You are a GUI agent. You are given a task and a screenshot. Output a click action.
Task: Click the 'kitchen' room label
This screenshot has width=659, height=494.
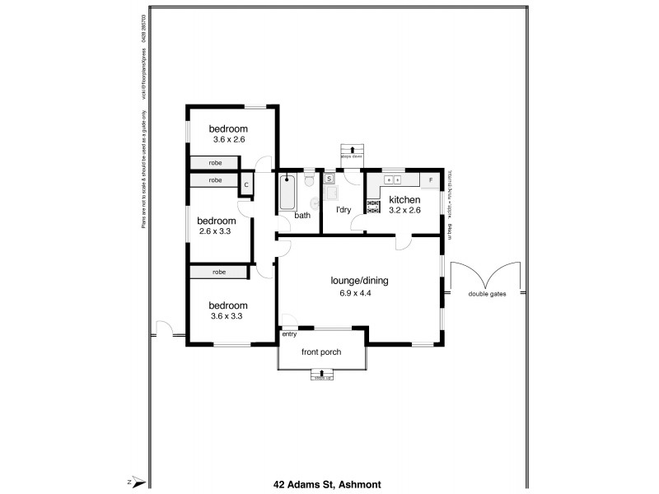404,200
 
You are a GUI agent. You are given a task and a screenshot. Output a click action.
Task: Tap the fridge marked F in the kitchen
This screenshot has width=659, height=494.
430,179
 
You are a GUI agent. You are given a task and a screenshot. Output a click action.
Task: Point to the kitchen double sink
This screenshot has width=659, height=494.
393,179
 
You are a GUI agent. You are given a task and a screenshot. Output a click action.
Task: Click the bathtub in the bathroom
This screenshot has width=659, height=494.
288,193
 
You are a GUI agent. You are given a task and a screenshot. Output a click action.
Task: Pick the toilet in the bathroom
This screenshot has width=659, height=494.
308,177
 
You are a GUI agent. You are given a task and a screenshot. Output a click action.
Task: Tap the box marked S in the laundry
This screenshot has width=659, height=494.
329,178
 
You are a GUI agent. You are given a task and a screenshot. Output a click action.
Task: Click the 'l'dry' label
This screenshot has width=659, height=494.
344,209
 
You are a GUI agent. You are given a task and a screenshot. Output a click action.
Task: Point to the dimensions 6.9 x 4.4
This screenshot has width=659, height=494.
352,294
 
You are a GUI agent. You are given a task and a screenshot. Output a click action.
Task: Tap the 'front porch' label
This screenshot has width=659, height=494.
321,352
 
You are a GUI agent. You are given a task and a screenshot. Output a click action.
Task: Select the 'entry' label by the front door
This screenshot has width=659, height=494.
289,333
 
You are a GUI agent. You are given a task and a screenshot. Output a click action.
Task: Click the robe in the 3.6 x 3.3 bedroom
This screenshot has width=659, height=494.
218,272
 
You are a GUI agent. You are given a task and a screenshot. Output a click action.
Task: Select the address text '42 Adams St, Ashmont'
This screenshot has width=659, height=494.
327,485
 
